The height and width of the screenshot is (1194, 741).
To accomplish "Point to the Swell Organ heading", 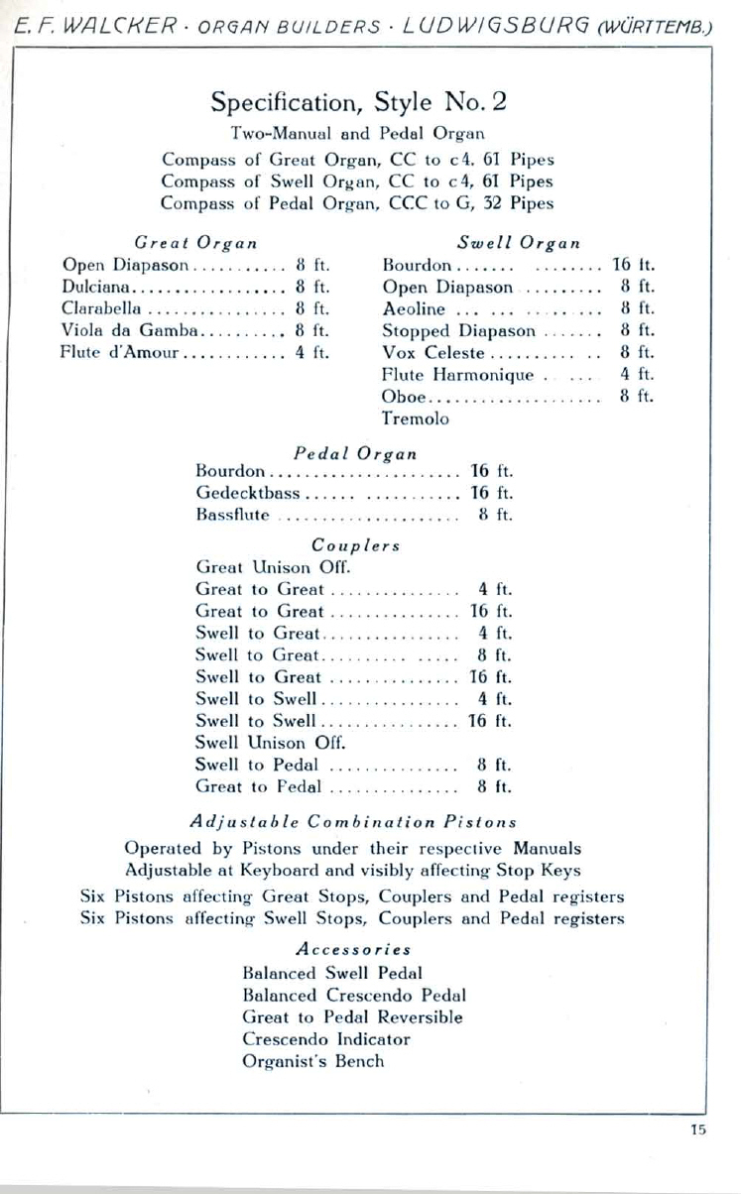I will tap(518, 242).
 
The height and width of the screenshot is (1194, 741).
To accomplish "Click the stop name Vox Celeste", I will tap(433, 352).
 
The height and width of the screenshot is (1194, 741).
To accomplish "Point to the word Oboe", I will tap(404, 396).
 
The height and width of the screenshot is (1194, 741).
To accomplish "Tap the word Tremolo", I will tap(416, 418).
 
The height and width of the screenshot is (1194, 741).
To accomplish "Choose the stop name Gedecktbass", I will tap(248, 493).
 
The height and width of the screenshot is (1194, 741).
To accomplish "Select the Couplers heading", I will tap(355, 545).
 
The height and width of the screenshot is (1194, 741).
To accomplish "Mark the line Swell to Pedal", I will tap(257, 765).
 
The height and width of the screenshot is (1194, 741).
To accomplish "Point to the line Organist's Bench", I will tap(312, 1061).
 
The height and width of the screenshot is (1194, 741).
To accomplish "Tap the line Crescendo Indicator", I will tap(325, 1039).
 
